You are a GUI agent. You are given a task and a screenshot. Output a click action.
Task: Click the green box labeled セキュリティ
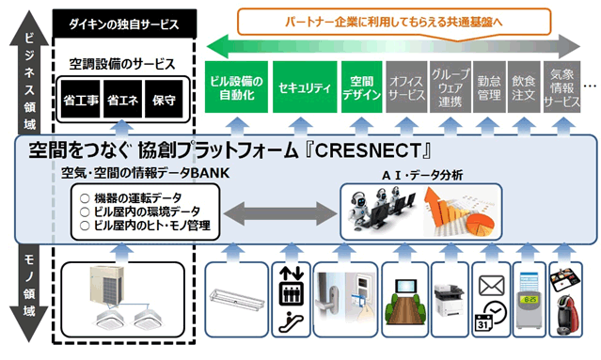305,86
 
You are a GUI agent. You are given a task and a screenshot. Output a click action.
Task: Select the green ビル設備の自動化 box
236,86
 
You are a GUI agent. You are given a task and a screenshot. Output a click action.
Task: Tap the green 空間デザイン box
361,86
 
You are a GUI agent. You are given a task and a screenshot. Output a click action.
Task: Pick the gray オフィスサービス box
406,86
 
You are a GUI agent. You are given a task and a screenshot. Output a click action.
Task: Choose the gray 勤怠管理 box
489,86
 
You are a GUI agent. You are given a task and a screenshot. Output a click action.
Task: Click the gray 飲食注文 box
523,86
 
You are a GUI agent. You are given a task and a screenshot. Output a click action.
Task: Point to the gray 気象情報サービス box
561,86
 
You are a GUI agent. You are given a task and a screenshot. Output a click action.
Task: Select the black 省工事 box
81,100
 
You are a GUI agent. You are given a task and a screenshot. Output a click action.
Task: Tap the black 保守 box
164,100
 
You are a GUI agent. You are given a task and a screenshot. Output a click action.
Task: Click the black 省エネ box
122,100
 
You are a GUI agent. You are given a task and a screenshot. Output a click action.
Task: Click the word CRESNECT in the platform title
369,150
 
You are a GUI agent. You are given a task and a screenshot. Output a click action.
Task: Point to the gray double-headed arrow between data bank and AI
280,213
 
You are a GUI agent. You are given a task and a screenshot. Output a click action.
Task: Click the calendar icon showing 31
483,322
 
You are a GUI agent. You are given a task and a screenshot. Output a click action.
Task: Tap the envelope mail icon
492,286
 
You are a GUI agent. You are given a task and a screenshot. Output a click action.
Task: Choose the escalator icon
291,321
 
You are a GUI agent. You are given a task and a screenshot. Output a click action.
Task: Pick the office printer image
450,300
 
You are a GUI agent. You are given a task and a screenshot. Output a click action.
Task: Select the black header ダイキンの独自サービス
124,23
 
